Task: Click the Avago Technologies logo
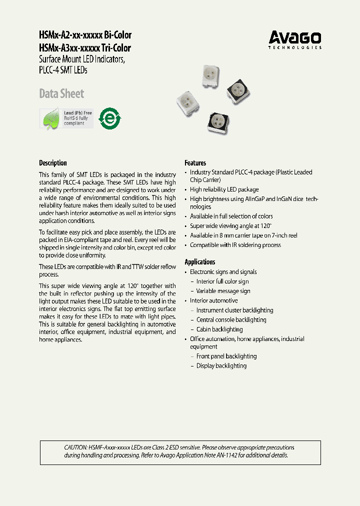tap(295, 39)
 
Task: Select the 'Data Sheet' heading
tap(61, 93)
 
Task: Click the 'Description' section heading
tap(52, 163)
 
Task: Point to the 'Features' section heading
tap(195, 163)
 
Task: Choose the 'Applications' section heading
tap(199, 262)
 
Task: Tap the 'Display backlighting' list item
tap(221, 366)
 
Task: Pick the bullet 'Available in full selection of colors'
tap(231, 216)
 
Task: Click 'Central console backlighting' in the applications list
tap(231, 320)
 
